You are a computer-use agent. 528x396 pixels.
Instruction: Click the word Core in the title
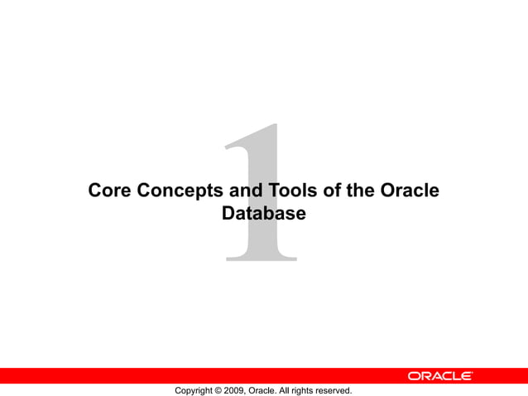(109, 191)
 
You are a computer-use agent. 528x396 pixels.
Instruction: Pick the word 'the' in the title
(361, 191)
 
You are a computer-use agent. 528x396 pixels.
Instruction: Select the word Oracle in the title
(410, 191)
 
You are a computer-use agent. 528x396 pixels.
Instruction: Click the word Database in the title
(264, 214)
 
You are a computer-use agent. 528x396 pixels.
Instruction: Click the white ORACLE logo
(439, 376)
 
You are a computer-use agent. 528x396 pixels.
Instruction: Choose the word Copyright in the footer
(194, 390)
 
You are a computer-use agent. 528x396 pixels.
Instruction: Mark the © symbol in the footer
(219, 390)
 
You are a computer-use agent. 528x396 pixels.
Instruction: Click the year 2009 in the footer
(235, 390)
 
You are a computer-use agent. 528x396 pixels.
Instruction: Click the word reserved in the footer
(334, 390)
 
